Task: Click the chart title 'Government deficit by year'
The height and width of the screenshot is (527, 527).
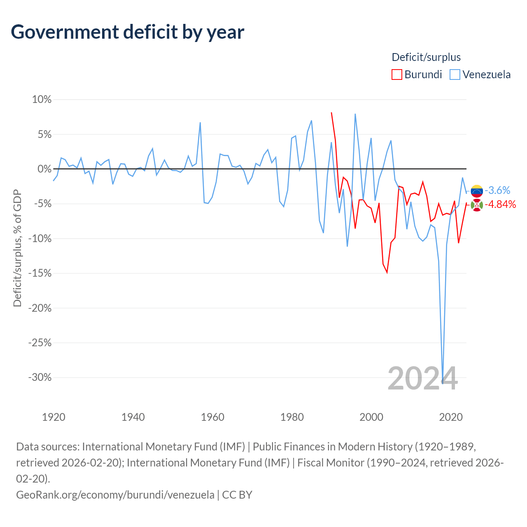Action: (127, 32)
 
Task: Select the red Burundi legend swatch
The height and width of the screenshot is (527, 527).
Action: (396, 75)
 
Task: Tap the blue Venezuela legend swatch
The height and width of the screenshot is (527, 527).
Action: (455, 75)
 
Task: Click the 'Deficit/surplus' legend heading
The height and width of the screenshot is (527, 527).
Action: (426, 57)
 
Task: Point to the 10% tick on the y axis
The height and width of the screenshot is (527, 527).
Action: (42, 100)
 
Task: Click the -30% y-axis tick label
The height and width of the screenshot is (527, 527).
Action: (40, 378)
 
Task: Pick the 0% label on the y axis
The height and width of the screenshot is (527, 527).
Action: (44, 169)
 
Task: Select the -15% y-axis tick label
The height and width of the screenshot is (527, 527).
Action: (40, 273)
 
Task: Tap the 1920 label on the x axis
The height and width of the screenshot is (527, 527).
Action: (54, 417)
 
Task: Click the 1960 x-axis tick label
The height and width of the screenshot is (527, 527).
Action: (212, 417)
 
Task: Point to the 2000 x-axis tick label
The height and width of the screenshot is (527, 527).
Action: (371, 417)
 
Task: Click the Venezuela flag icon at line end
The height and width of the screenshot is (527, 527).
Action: (477, 191)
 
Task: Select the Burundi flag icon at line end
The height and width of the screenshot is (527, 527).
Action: (477, 205)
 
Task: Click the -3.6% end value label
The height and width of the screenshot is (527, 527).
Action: (497, 190)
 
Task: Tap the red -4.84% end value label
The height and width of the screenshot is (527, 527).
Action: (500, 205)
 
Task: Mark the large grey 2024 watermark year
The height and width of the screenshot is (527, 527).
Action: (423, 379)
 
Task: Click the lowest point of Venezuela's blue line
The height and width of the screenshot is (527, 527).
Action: (443, 383)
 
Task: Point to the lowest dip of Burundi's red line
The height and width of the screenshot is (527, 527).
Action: (387, 273)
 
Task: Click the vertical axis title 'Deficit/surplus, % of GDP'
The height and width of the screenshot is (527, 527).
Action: (18, 248)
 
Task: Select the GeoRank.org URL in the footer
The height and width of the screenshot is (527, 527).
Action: (115, 495)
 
